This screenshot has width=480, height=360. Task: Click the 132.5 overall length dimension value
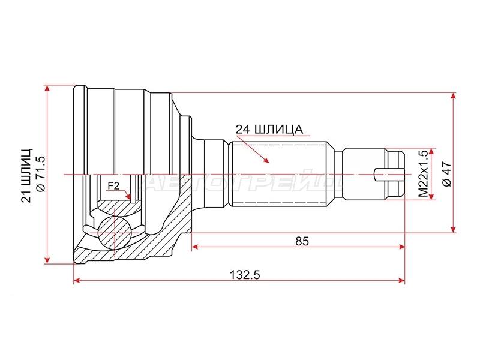tap(245, 275)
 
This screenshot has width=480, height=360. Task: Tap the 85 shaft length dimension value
tap(302, 242)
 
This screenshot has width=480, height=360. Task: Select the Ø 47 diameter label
tap(446, 174)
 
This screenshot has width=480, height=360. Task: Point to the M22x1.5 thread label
tap(424, 173)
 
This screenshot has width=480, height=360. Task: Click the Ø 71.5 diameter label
tap(40, 174)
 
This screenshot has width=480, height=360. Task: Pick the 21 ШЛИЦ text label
tap(26, 175)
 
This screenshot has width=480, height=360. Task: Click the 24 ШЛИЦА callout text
tap(269, 130)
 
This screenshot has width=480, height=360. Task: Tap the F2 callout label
tap(113, 185)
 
